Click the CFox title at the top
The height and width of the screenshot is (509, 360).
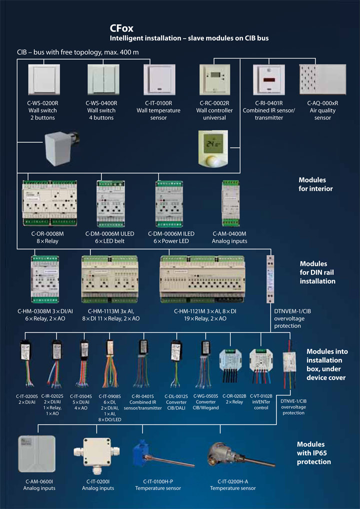[121, 28]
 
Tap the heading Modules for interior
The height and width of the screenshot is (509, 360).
[315, 184]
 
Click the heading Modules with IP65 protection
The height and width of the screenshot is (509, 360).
[313, 452]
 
